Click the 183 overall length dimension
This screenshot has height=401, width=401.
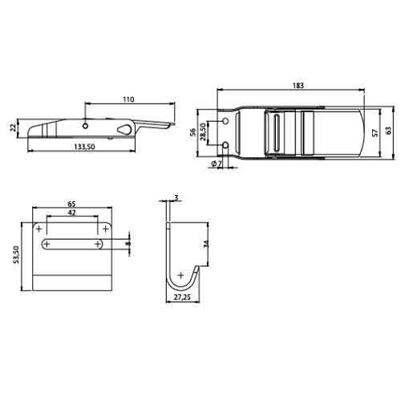[298, 86]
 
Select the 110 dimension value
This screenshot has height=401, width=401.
[128, 99]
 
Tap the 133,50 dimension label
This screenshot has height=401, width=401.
[85, 147]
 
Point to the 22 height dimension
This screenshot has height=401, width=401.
[13, 128]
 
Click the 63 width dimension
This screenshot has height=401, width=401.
[388, 131]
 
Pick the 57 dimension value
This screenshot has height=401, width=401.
[375, 133]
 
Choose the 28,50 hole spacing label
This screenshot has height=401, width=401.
[203, 132]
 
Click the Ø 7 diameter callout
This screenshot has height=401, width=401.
[217, 164]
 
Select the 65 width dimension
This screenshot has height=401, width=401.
[71, 204]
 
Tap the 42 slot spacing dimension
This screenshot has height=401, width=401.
[72, 213]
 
